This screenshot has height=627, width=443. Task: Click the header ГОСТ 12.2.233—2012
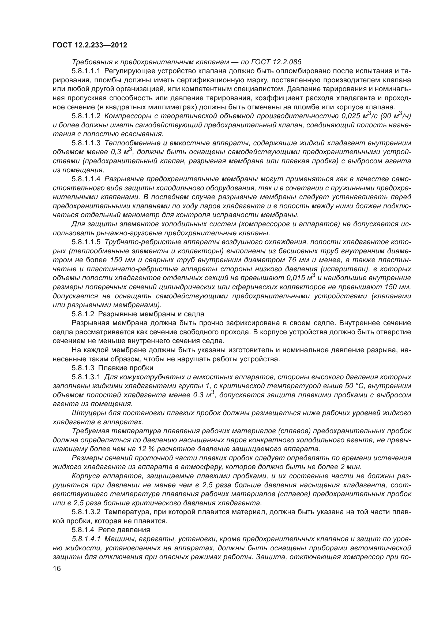pos(90,45)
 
